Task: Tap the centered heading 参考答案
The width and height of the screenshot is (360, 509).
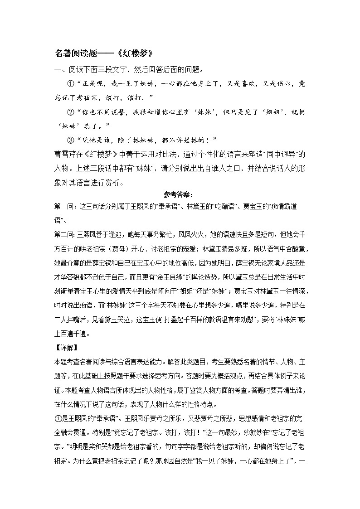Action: tap(178, 195)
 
